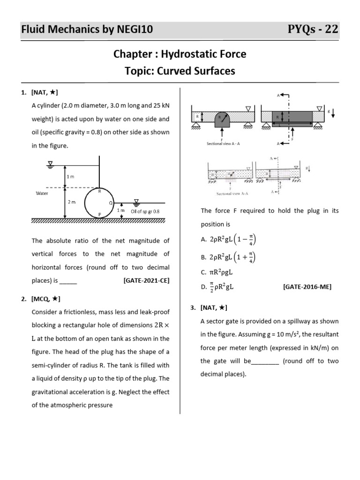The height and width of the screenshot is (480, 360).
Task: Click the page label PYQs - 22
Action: coord(313,30)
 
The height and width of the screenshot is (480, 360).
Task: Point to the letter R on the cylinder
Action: coord(99,191)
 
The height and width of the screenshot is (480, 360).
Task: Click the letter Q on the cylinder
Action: coord(110,203)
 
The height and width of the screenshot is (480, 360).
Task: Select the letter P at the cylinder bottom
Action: coord(99,214)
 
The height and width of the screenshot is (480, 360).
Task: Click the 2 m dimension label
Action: coord(72,202)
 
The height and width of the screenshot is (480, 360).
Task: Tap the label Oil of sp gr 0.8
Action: coord(145,211)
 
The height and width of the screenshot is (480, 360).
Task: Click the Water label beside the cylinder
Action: coord(43,193)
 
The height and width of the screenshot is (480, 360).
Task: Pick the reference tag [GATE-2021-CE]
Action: coord(147,281)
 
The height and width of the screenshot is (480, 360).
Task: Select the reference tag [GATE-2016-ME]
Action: coord(307,287)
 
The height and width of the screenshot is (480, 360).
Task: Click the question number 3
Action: coord(193,307)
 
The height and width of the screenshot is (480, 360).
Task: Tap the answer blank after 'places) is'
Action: coord(68,281)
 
